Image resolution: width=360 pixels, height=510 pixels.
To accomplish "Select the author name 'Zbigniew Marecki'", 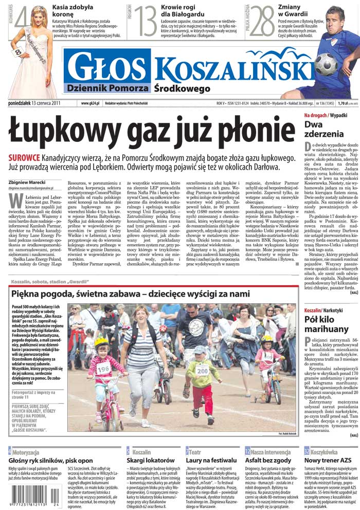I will (x=27, y=181).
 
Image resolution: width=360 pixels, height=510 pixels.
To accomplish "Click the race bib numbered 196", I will (x=103, y=368).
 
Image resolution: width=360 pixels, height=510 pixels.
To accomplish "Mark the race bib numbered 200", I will (x=202, y=369).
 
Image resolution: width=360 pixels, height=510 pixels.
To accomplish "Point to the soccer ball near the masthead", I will (x=325, y=64).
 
